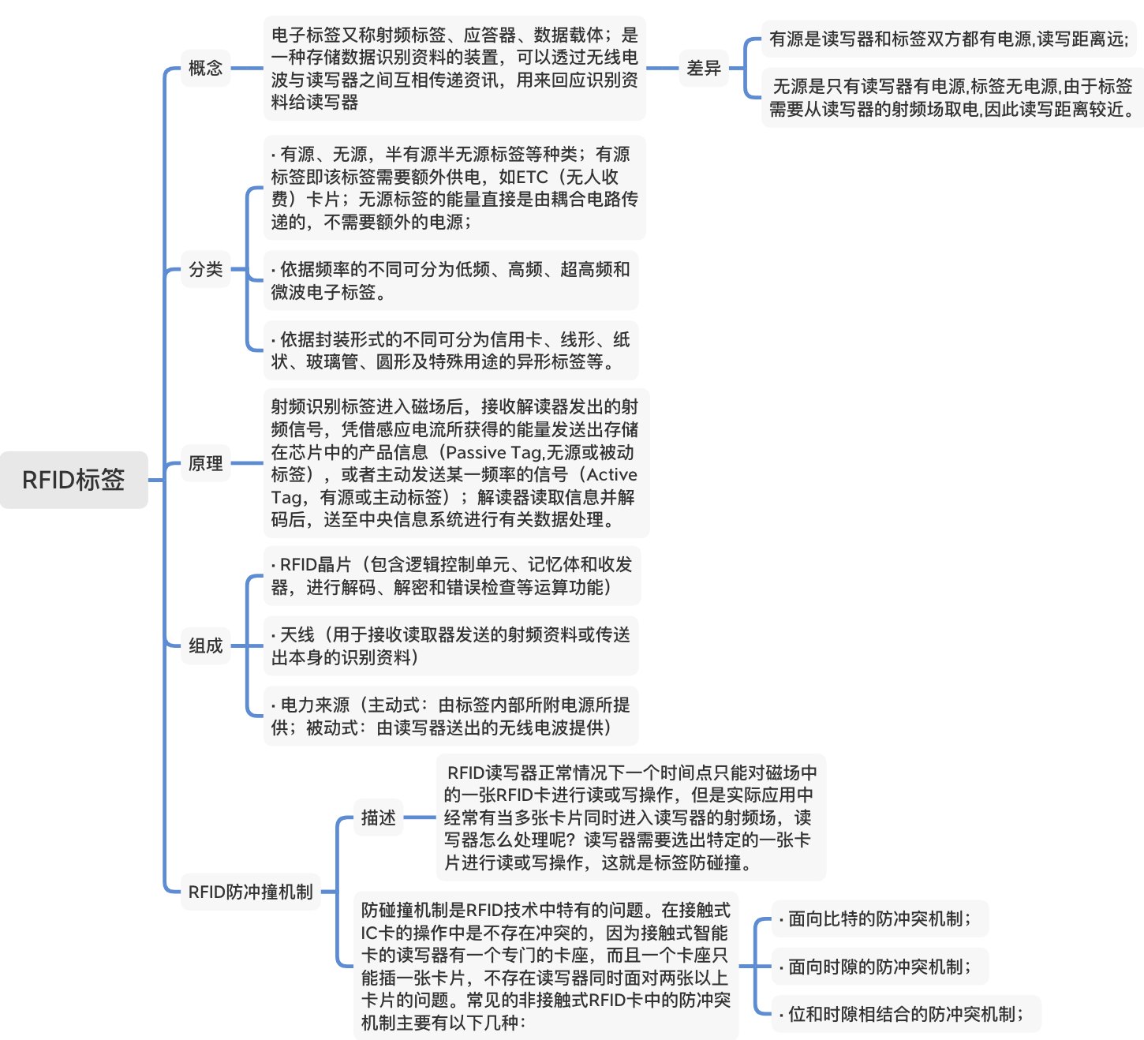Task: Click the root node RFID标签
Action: pos(73,480)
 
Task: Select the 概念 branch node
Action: pos(205,68)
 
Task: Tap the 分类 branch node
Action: pos(205,270)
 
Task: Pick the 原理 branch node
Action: pos(205,463)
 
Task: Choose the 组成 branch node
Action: pos(205,645)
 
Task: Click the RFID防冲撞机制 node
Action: pos(250,892)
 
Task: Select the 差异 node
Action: pos(703,68)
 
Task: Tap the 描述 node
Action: pos(378,817)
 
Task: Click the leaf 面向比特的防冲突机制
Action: pos(879,918)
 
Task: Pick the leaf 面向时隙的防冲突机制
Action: pos(879,967)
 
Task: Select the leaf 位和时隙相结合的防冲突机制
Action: pos(905,1014)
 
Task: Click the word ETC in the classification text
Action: pos(532,177)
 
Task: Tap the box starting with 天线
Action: pos(450,645)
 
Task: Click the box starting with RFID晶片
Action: pos(451,575)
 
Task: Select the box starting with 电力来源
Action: pos(450,716)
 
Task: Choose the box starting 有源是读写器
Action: pos(948,39)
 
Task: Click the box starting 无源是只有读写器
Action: pos(951,98)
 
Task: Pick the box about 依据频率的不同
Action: pos(450,281)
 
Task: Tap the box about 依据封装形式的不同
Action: pos(450,350)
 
